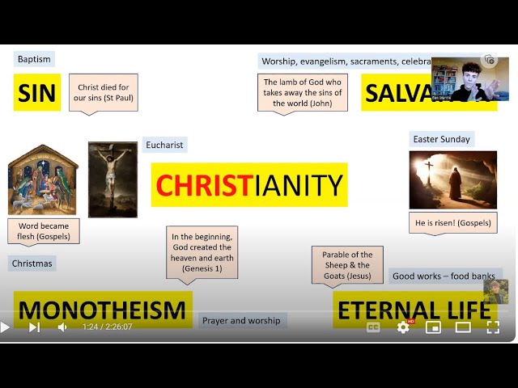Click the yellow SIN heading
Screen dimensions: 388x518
[36, 93]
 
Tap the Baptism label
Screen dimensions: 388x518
[34, 59]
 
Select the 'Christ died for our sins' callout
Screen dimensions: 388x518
[101, 93]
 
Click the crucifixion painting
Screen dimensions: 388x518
[113, 179]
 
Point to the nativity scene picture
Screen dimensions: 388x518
[43, 179]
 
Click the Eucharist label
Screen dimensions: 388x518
[164, 145]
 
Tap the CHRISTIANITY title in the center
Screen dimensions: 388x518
[249, 185]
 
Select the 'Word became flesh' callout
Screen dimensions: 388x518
[44, 231]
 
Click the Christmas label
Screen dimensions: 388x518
[32, 263]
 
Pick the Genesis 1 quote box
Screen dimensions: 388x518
[202, 252]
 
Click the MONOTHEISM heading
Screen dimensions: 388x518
[103, 310]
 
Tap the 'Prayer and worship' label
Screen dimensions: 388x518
[241, 320]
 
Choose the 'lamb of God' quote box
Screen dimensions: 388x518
[303, 92]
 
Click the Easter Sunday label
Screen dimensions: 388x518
[441, 139]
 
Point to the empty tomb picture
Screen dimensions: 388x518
[452, 179]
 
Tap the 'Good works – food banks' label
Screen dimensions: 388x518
[444, 276]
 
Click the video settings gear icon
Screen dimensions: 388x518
[402, 327]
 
